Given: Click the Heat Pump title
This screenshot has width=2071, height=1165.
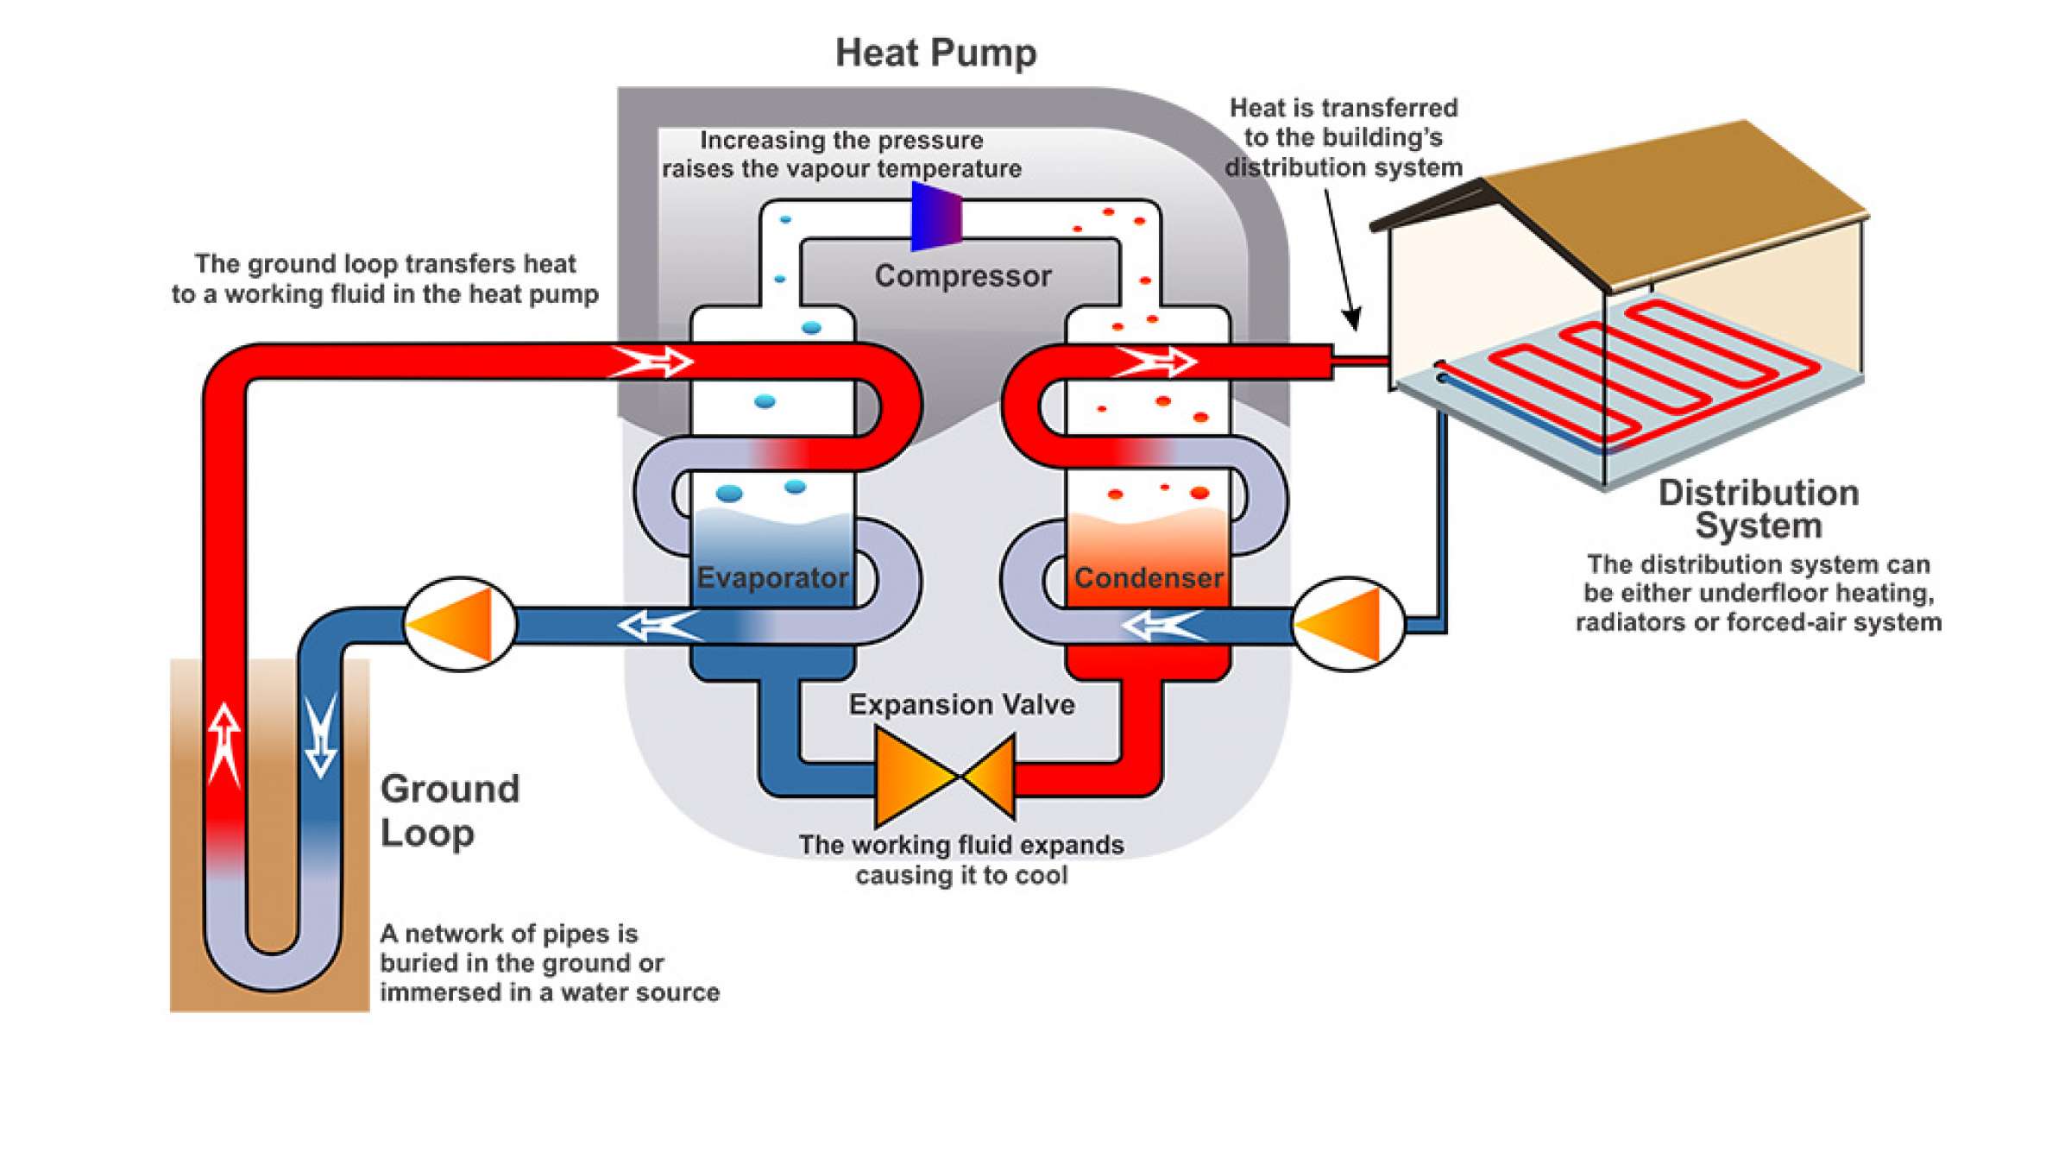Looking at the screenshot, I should (935, 53).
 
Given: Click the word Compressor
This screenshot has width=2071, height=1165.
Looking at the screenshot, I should (962, 276).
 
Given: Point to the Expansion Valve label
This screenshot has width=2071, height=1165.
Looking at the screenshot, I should (961, 705).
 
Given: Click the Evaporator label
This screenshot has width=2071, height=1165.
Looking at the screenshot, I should (772, 577).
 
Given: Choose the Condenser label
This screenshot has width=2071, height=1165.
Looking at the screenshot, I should (1148, 577).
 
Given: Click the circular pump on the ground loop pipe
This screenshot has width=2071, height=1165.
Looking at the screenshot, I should (460, 624).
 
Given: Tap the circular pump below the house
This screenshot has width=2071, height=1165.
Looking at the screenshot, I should (1348, 624).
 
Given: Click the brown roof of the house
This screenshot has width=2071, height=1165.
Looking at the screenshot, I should (1674, 203).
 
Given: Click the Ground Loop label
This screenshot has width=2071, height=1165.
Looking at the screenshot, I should (450, 810).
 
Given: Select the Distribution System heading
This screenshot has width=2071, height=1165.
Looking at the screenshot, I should (1758, 509).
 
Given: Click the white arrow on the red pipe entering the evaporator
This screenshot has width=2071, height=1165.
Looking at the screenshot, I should (652, 362).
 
